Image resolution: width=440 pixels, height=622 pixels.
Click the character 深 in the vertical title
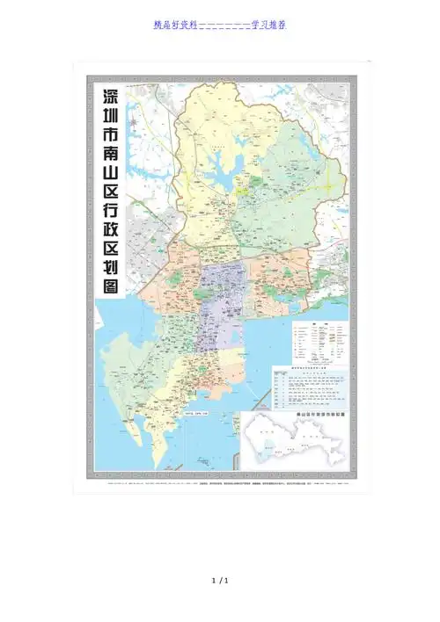point(111,97)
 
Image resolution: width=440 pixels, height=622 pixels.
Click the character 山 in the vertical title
point(111,181)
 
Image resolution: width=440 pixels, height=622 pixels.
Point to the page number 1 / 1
point(220,582)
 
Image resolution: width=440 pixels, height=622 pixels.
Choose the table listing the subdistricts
point(309,388)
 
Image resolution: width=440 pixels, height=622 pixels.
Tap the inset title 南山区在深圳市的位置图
point(317,411)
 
